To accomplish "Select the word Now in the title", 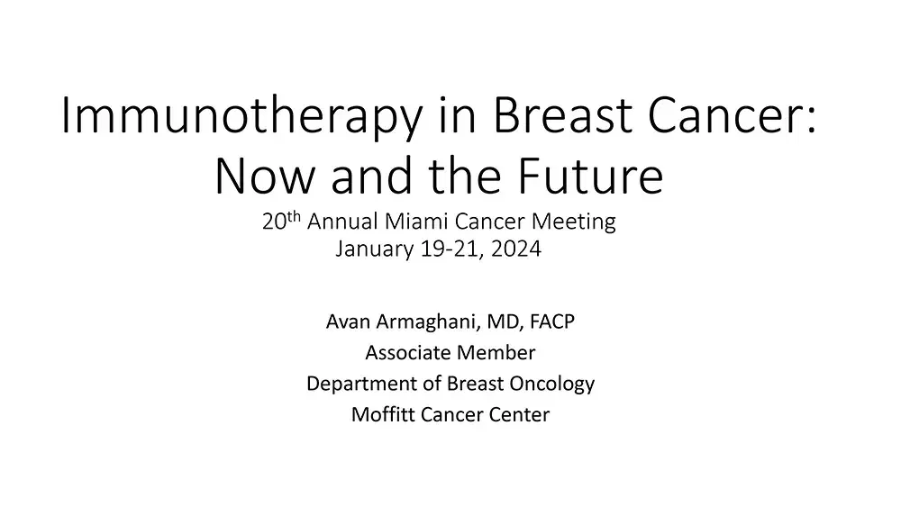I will coord(260,177).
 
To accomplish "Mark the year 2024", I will coord(517,250).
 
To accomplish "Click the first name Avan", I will coord(346,321).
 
